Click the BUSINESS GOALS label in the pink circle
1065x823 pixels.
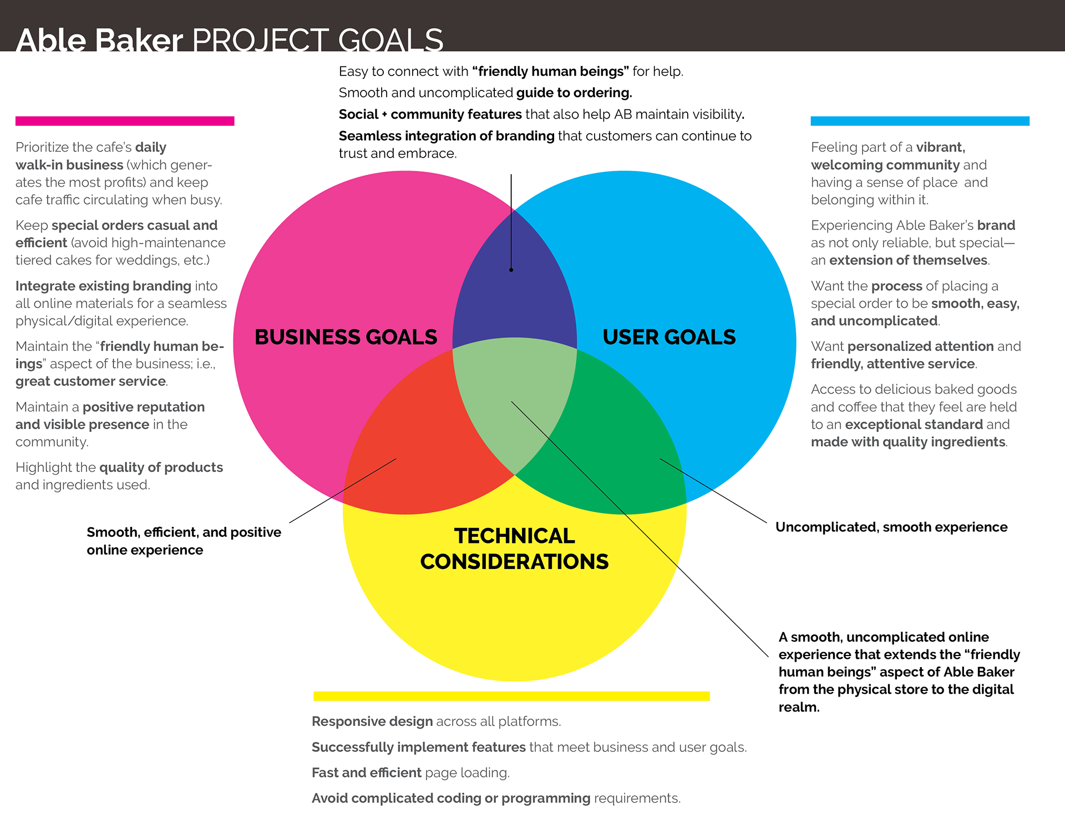346,337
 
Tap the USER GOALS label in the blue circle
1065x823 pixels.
669,337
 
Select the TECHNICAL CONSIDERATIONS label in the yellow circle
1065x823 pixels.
514,548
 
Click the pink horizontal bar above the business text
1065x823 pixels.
125,121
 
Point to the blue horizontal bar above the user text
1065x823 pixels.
920,121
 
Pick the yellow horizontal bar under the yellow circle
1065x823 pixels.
511,696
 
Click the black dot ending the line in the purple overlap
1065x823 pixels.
511,270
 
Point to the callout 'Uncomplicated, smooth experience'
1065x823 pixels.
891,527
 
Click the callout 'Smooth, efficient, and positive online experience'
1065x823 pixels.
184,541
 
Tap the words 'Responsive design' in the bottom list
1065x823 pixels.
372,721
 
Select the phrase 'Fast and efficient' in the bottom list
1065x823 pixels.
367,773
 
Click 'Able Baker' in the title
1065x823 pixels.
100,40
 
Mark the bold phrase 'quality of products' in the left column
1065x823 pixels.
161,467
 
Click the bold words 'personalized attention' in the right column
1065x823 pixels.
920,346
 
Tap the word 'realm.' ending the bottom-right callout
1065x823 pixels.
799,707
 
